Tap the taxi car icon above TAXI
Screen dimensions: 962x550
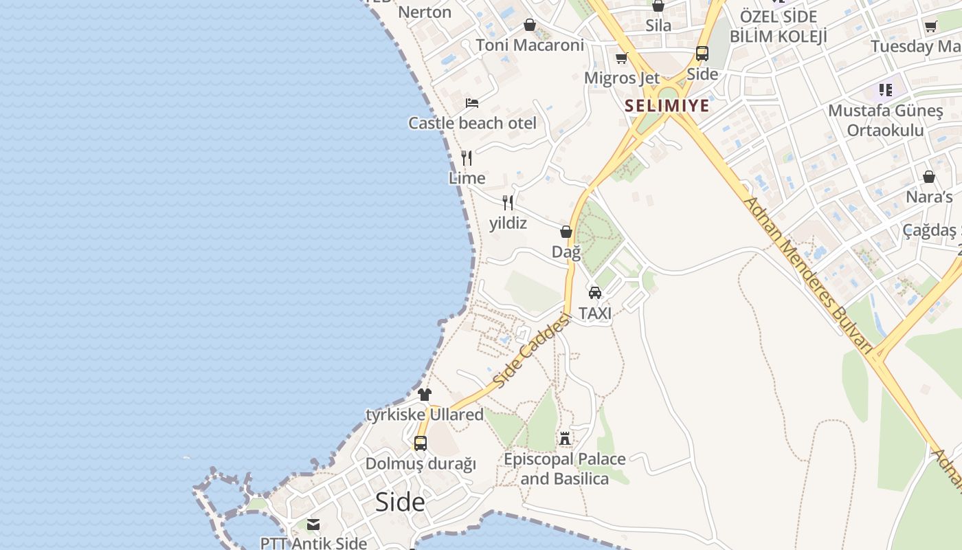pyautogui.click(x=595, y=293)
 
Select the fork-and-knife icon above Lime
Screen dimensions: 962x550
pyautogui.click(x=467, y=158)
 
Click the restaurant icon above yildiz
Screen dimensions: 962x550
pyautogui.click(x=508, y=202)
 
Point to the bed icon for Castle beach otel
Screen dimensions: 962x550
pyautogui.click(x=472, y=103)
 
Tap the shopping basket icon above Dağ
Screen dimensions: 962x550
pyautogui.click(x=566, y=232)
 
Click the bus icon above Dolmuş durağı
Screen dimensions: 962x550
pyautogui.click(x=421, y=443)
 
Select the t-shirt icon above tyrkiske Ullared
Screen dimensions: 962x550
pyautogui.click(x=425, y=395)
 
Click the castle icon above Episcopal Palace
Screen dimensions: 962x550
pyautogui.click(x=565, y=439)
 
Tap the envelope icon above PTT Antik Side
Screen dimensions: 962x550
pyautogui.click(x=313, y=525)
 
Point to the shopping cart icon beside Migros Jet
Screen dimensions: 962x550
pyautogui.click(x=622, y=58)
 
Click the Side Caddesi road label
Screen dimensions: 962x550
pyautogui.click(x=533, y=351)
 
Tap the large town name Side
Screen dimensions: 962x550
pyautogui.click(x=400, y=503)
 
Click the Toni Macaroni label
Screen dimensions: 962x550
pyautogui.click(x=530, y=45)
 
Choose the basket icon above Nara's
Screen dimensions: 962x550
pyautogui.click(x=929, y=177)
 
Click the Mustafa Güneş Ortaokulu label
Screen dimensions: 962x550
pyautogui.click(x=885, y=120)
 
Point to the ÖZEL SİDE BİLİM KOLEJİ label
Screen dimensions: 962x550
pyautogui.click(x=778, y=26)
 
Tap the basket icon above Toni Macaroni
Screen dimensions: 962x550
pyautogui.click(x=530, y=25)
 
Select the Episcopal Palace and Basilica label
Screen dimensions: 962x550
pyautogui.click(x=564, y=469)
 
